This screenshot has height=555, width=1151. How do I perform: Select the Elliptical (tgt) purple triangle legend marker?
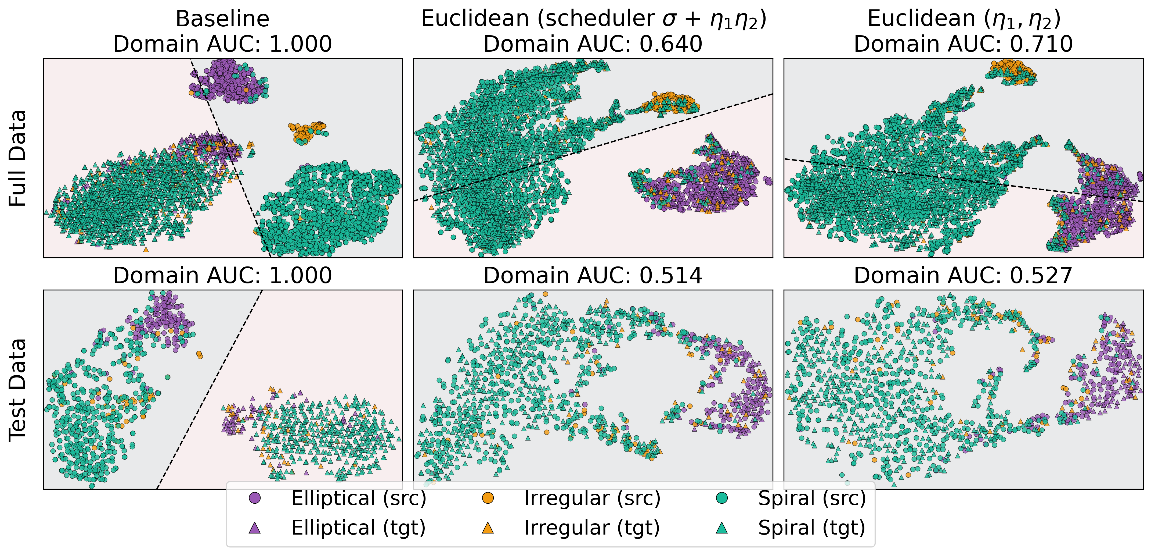tap(255, 528)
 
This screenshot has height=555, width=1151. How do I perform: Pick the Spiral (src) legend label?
tap(811, 498)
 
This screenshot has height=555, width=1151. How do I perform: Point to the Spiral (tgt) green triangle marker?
tap(721, 528)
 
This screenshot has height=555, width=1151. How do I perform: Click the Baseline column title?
tap(222, 19)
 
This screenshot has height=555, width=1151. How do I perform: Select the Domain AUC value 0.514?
tap(671, 276)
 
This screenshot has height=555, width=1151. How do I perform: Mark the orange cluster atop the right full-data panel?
tap(1012, 72)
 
